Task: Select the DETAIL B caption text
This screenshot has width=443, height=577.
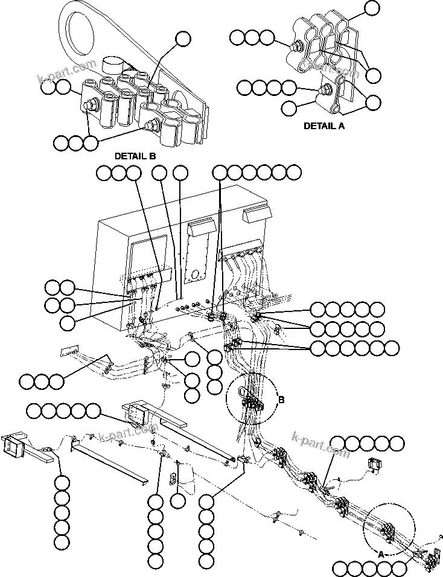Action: [x=135, y=156]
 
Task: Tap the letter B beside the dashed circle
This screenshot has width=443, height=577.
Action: [x=281, y=399]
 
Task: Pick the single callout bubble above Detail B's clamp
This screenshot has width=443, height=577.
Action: [x=182, y=39]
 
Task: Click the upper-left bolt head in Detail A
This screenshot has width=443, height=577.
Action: [x=297, y=46]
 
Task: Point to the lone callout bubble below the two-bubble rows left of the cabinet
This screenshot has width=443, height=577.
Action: [x=68, y=322]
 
